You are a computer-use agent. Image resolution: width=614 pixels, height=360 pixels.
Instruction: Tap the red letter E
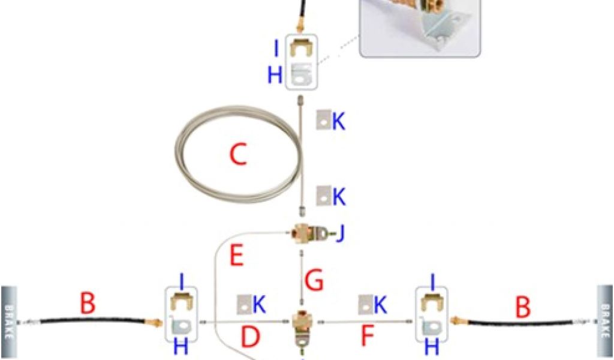pyautogui.click(x=237, y=257)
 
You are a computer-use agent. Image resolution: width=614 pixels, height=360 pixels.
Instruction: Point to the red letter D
pyautogui.click(x=250, y=337)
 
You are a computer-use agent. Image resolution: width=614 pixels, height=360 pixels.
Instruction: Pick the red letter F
pyautogui.click(x=367, y=337)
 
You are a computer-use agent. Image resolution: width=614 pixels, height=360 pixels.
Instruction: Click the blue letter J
pyautogui.click(x=340, y=233)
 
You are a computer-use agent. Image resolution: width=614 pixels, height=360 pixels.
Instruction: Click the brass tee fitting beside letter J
pyautogui.click(x=305, y=232)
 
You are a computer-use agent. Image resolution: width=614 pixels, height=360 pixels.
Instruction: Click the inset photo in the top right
pyautogui.click(x=420, y=27)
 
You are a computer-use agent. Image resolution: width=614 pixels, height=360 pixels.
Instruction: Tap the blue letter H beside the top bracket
pyautogui.click(x=275, y=75)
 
